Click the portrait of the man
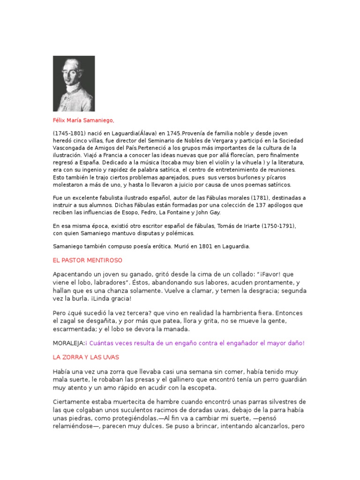pos(74,83)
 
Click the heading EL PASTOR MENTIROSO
pos(88,260)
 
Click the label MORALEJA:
pos(68,343)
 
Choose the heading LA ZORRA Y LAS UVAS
pos(86,357)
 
